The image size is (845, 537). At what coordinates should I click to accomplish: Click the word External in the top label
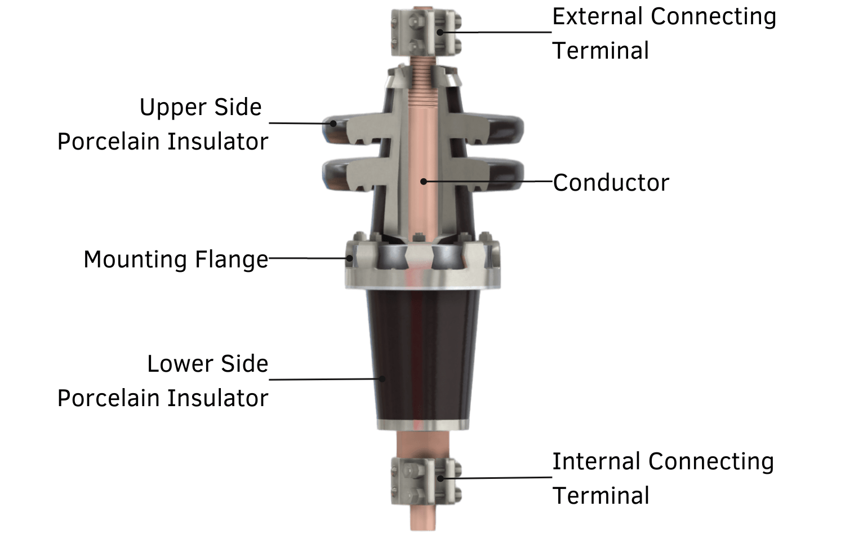point(598,17)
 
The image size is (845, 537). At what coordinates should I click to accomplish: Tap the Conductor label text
point(611,183)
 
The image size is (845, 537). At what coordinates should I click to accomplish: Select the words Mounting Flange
point(176,259)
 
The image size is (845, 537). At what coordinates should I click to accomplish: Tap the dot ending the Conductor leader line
point(424,181)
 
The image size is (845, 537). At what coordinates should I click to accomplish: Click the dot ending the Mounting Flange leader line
point(350,258)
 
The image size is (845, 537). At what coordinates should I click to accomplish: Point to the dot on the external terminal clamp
point(439,32)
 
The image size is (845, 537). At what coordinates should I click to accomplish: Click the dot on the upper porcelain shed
point(333,123)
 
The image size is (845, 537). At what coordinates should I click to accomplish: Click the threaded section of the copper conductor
point(424,85)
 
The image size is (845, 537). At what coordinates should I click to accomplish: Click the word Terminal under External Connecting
point(601,51)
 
